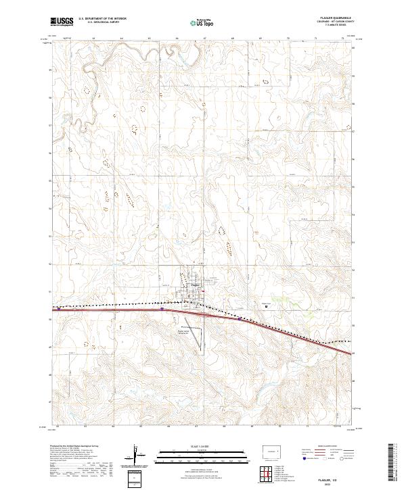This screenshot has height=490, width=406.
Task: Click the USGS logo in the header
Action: pyautogui.click(x=63, y=22)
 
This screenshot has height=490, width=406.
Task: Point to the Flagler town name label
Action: pyautogui.click(x=195, y=285)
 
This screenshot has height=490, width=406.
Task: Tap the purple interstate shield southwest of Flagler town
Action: pyautogui.click(x=163, y=309)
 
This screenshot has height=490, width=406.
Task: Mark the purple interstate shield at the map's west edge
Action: pyautogui.click(x=59, y=308)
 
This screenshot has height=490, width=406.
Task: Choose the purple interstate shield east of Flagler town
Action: pyautogui.click(x=240, y=318)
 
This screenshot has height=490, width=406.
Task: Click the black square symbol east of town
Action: pyautogui.click(x=266, y=306)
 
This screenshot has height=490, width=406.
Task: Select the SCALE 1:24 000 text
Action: pyautogui.click(x=191, y=445)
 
